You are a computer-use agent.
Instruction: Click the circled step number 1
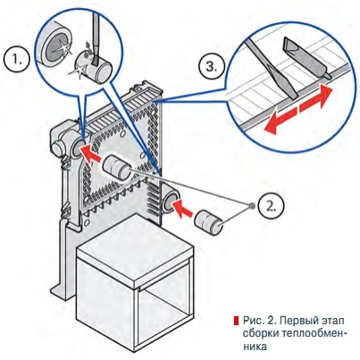tap(17, 61)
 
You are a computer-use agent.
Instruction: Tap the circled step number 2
tap(271, 206)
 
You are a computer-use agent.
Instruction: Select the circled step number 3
tap(212, 67)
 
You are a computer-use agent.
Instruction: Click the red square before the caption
tap(236, 321)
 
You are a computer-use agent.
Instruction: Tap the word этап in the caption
tap(331, 322)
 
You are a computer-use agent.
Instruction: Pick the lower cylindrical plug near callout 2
tap(209, 223)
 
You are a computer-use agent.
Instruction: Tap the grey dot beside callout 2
tap(252, 206)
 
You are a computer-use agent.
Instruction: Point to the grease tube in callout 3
tap(306, 57)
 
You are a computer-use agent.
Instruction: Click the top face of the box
tap(134, 247)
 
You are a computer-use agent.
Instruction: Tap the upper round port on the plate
tap(78, 147)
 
